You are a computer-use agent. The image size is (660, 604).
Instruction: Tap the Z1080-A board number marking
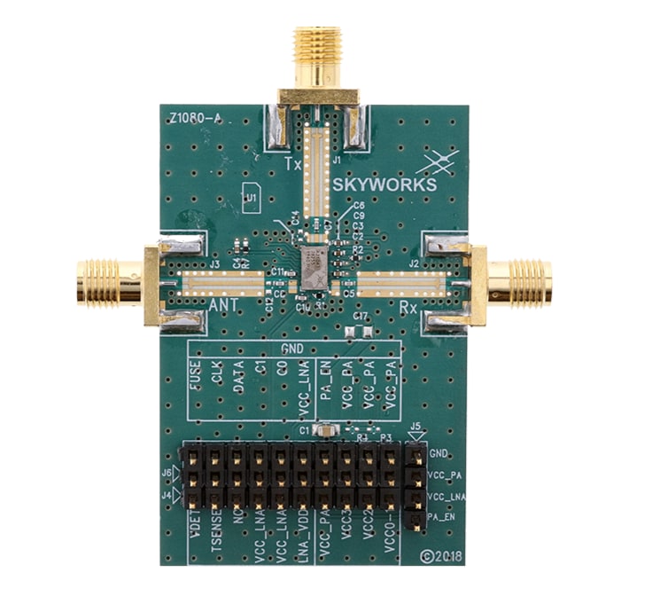(x=193, y=114)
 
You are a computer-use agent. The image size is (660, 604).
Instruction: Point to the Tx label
(x=293, y=165)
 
